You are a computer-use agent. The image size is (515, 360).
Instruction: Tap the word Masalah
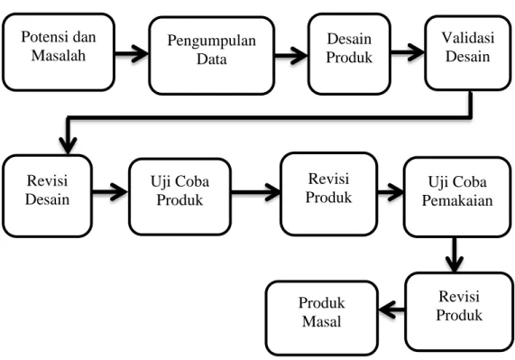[x=59, y=55]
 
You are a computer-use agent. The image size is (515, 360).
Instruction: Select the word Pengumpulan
[x=212, y=42]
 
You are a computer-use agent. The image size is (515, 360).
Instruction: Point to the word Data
[x=212, y=60]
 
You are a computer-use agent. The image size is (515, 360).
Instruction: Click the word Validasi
[x=468, y=38]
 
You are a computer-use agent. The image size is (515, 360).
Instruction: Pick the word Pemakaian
[x=457, y=200]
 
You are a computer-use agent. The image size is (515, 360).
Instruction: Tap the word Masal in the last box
[x=322, y=321]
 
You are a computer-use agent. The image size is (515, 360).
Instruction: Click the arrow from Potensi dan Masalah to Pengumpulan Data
[x=132, y=53]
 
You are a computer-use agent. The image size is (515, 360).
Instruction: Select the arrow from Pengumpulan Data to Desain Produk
[x=291, y=55]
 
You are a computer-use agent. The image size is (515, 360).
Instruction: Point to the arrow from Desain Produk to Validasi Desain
[x=408, y=52]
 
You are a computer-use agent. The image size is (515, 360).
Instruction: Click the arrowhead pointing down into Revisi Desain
[x=68, y=144]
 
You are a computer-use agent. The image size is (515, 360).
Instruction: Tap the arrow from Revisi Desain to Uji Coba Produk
[x=110, y=192]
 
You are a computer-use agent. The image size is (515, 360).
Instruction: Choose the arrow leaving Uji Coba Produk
[x=256, y=192]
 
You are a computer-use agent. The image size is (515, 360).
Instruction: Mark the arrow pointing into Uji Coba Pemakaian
[x=391, y=192]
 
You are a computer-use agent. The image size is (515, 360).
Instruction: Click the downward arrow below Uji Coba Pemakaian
[x=455, y=255]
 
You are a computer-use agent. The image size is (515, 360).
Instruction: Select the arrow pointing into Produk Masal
[x=391, y=309]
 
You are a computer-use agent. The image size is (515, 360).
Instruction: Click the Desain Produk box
[x=349, y=54]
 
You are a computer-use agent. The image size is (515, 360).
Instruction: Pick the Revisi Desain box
[x=47, y=196]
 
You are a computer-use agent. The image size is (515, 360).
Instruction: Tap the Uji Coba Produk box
[x=179, y=197]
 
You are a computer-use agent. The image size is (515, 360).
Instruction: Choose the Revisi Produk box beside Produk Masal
[x=459, y=311]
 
